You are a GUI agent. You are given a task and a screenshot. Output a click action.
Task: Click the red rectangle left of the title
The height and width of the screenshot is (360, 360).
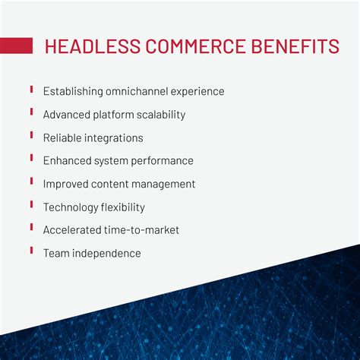tap(16, 46)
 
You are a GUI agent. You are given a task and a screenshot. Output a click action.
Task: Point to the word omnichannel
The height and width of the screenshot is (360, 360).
tap(141, 91)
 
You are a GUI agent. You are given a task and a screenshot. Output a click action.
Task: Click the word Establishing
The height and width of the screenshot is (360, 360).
tap(73, 91)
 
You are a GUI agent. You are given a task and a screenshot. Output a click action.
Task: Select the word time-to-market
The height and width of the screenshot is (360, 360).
tap(143, 230)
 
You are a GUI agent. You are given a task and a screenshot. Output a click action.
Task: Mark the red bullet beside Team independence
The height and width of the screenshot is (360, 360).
tap(32, 251)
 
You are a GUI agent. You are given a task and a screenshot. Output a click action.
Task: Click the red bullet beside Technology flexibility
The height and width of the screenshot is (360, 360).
tap(32, 204)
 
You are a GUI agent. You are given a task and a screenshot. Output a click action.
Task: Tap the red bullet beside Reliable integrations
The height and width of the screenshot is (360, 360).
tap(32, 135)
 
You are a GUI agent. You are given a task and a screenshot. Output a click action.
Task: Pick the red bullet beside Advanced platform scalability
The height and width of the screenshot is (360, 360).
tap(32, 112)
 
